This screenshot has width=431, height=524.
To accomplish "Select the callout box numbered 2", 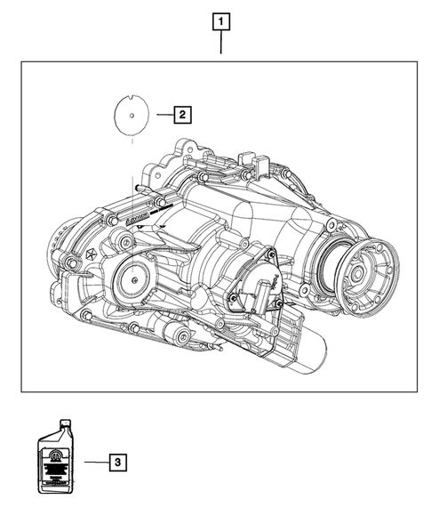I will pyautogui.click(x=180, y=114).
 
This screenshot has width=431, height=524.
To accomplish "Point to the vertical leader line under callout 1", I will pyautogui.click(x=220, y=44).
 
